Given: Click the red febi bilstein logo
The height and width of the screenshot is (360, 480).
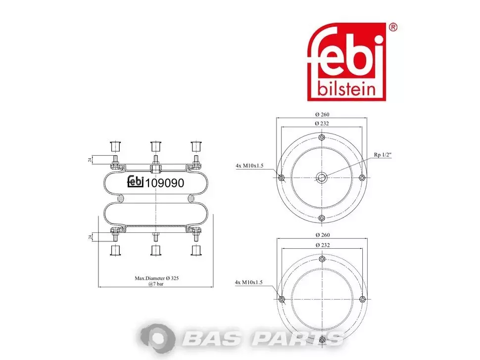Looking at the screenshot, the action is [x=346, y=61].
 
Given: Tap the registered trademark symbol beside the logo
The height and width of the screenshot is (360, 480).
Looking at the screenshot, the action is [x=393, y=27].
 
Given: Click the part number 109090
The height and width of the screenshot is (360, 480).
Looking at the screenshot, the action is [x=165, y=183].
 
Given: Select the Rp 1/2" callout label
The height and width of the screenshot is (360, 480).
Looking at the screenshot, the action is [x=383, y=155].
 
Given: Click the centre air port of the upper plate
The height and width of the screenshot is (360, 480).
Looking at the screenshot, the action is [x=322, y=178].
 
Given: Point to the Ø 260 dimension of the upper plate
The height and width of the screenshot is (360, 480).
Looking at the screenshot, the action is [x=322, y=114].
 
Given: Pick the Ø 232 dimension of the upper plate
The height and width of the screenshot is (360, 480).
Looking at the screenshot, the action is [x=322, y=123].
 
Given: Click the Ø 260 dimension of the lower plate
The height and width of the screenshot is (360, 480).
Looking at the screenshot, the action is [x=322, y=235].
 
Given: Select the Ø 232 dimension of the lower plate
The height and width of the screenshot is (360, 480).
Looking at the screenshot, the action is [x=322, y=245].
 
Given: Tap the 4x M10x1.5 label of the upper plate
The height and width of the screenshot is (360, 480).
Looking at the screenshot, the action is [x=249, y=166].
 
